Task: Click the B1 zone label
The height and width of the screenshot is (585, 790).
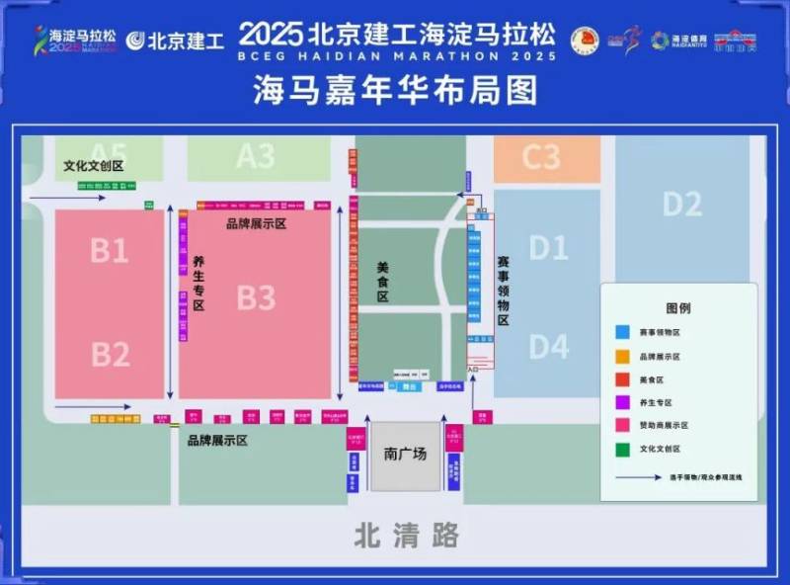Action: tap(110, 251)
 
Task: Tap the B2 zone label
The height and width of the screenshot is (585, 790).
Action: tap(110, 353)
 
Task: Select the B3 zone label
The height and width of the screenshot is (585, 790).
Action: tap(256, 296)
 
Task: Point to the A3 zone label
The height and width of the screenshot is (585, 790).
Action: tap(256, 156)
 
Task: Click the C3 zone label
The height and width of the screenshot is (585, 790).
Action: tap(541, 156)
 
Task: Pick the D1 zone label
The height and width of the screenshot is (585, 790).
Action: tap(548, 247)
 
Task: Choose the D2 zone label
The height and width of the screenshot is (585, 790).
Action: tap(682, 204)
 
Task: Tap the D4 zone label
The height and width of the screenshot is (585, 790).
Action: tap(548, 347)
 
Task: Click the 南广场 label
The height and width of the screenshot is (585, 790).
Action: tap(405, 455)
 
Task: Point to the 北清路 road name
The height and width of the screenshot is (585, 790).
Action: tap(407, 536)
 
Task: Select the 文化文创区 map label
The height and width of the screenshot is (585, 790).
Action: tap(94, 166)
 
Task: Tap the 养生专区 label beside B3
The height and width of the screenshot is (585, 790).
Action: tap(197, 285)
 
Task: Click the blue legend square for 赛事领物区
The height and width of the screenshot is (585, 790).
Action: tap(623, 333)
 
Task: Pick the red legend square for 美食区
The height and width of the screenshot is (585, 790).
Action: tap(623, 378)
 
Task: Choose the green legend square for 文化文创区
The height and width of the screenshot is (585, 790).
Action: tap(623, 448)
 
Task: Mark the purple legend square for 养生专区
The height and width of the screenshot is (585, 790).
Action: tap(623, 402)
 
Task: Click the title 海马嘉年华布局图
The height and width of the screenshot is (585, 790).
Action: tap(395, 92)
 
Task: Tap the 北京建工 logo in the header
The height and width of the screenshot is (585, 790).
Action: tap(175, 41)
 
